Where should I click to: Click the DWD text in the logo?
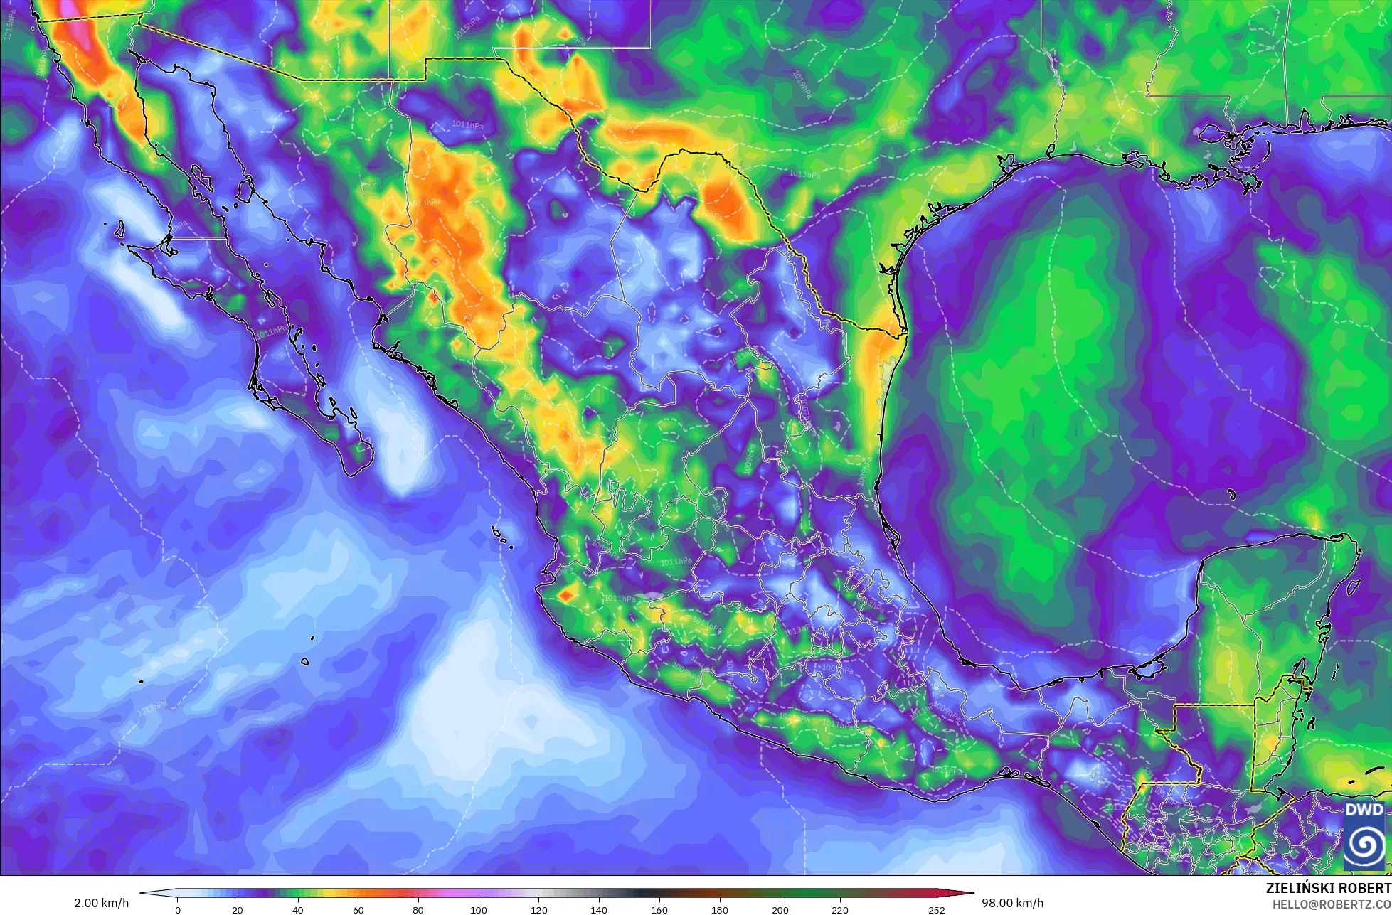[x=1364, y=810]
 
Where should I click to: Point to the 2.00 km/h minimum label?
[x=102, y=903]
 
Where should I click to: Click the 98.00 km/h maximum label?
[x=1013, y=903]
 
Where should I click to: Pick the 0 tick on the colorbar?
[x=178, y=909]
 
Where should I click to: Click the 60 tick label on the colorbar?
[x=358, y=909]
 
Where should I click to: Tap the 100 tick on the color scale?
[x=479, y=909]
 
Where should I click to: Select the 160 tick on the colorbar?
[x=659, y=909]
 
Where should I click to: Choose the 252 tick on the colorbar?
[x=936, y=909]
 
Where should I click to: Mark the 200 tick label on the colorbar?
[x=780, y=909]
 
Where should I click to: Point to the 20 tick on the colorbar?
[x=238, y=909]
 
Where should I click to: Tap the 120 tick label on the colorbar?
[x=539, y=909]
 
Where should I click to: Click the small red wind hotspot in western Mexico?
[x=566, y=594]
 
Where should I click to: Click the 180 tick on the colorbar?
[x=720, y=909]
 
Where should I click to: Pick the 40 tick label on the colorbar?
[x=298, y=909]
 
